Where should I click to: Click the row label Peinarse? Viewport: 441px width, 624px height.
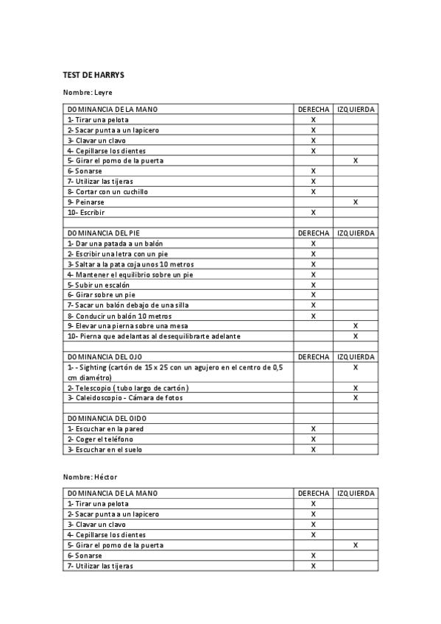pyautogui.click(x=85, y=202)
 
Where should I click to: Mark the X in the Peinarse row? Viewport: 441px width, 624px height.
pyautogui.click(x=356, y=202)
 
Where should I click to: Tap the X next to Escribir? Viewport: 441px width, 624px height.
pyautogui.click(x=314, y=212)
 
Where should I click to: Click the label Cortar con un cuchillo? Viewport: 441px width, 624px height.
pyautogui.click(x=107, y=191)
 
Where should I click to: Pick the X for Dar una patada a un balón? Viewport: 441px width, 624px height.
pyautogui.click(x=314, y=244)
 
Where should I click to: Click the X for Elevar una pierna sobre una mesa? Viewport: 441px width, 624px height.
pyautogui.click(x=356, y=325)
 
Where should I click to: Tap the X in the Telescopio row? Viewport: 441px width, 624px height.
pyautogui.click(x=356, y=388)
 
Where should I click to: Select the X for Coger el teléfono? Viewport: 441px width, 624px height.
pyautogui.click(x=314, y=439)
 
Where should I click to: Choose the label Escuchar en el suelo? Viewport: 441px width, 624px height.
pyautogui.click(x=105, y=450)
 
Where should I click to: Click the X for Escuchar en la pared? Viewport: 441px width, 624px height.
pyautogui.click(x=314, y=429)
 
